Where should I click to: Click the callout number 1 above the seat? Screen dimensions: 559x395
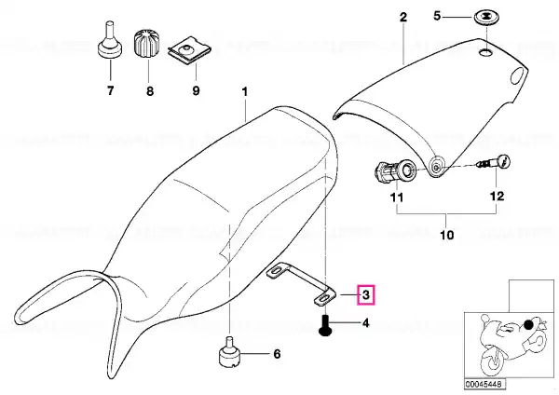pyautogui.click(x=244, y=91)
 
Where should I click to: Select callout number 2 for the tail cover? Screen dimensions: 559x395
pyautogui.click(x=402, y=17)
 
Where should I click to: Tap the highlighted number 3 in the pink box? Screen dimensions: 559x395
pyautogui.click(x=366, y=295)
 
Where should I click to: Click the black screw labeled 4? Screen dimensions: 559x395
pyautogui.click(x=325, y=325)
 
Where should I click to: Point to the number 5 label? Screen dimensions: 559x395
pyautogui.click(x=438, y=16)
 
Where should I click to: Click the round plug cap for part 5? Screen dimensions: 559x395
pyautogui.click(x=487, y=18)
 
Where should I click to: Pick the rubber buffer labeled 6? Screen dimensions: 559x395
pyautogui.click(x=229, y=352)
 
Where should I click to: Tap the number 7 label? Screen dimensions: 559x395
pyautogui.click(x=111, y=90)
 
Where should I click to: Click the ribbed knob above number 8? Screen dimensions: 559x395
pyautogui.click(x=147, y=44)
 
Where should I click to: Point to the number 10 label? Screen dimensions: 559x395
pyautogui.click(x=447, y=236)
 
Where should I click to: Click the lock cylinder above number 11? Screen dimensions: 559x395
pyautogui.click(x=396, y=171)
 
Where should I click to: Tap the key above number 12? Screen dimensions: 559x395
pyautogui.click(x=495, y=162)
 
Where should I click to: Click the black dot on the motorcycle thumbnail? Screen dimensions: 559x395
pyautogui.click(x=528, y=324)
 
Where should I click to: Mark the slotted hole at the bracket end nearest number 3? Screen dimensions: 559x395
pyautogui.click(x=323, y=299)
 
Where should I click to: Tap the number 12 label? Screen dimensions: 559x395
pyautogui.click(x=498, y=196)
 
